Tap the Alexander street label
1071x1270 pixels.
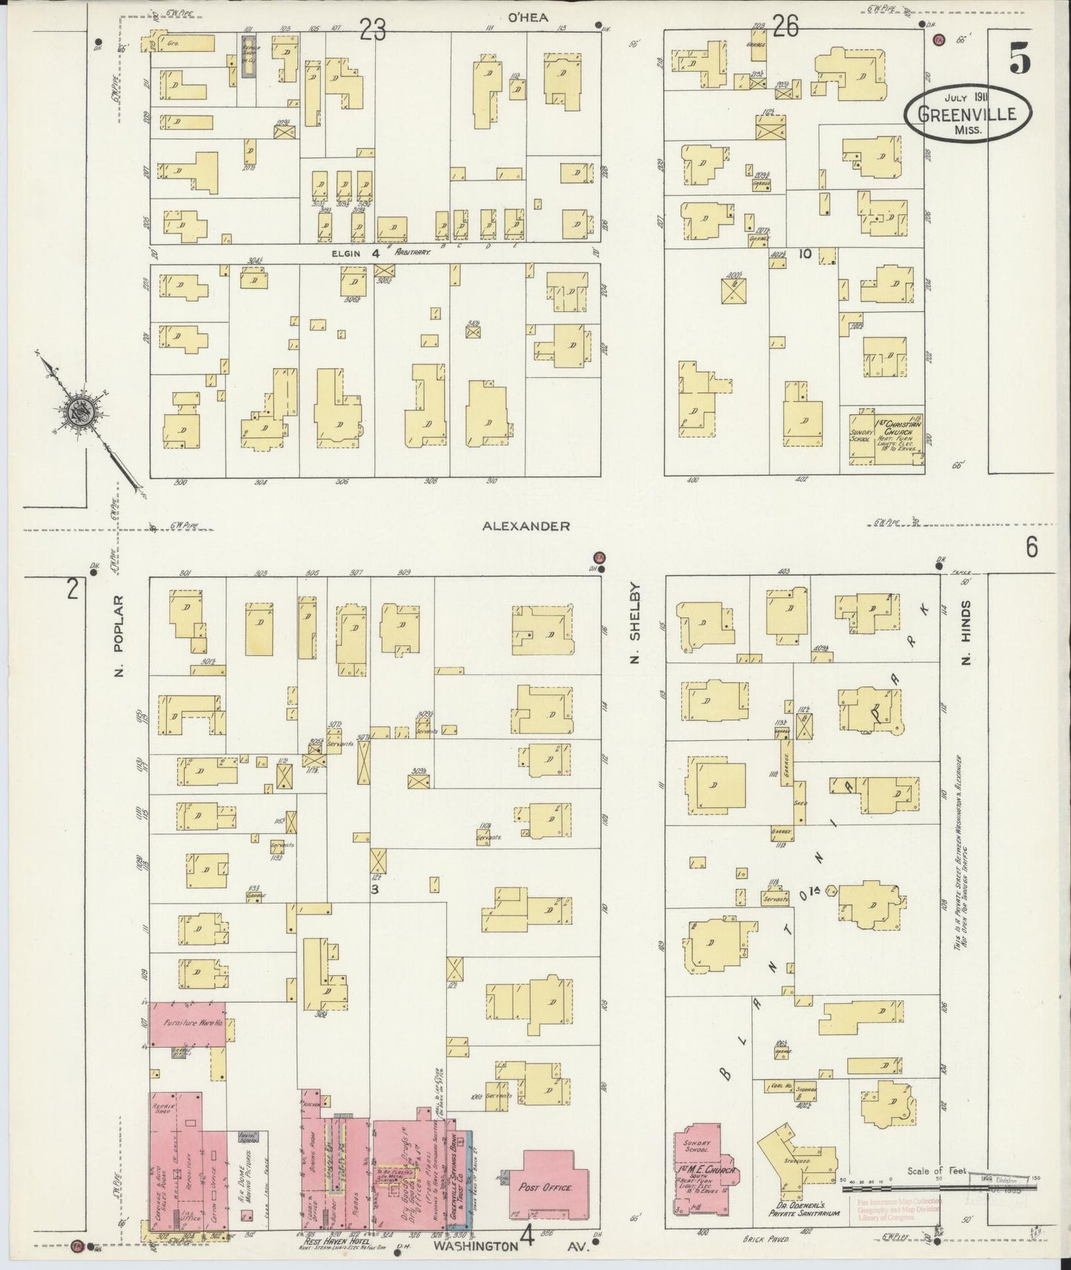click(525, 526)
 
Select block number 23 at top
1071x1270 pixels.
click(374, 30)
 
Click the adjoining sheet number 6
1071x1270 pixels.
click(1032, 548)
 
